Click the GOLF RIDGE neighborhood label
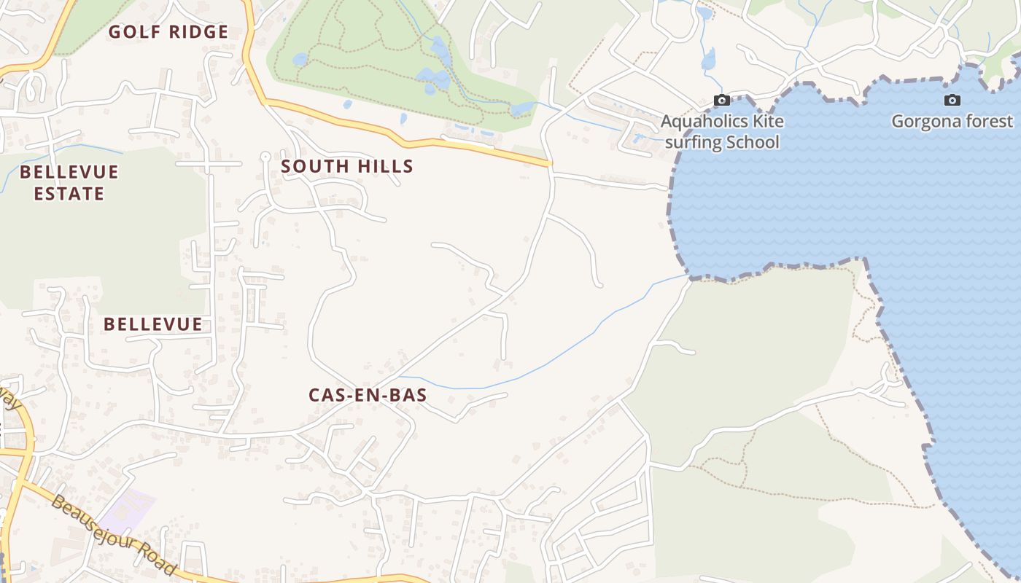coord(168,32)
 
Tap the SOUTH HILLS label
coord(347,166)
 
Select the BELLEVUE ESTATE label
coord(69,183)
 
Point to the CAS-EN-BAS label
coord(368,395)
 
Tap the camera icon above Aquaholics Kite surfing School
coord(722,101)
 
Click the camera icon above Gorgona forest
coord(952,101)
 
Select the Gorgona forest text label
coord(952,122)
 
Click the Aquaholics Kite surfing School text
coord(722,131)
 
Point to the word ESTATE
coord(69,194)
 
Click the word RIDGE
coord(198,32)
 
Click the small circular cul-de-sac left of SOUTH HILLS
coord(265,156)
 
